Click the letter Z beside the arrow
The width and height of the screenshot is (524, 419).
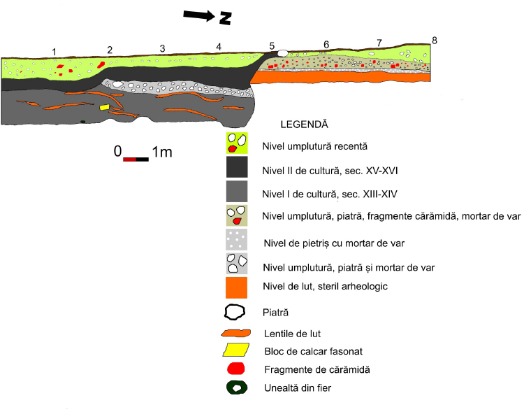[x=225, y=18]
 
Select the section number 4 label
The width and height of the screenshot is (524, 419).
[x=219, y=47]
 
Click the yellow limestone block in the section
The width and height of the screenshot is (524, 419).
[x=104, y=108]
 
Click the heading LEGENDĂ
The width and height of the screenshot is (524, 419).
[x=303, y=125]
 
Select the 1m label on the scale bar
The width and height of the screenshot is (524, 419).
[x=161, y=151]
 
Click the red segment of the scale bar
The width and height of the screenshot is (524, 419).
[x=129, y=159]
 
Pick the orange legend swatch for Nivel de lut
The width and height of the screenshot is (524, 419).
[x=237, y=287]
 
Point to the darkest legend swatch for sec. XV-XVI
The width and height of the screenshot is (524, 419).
[x=237, y=169]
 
